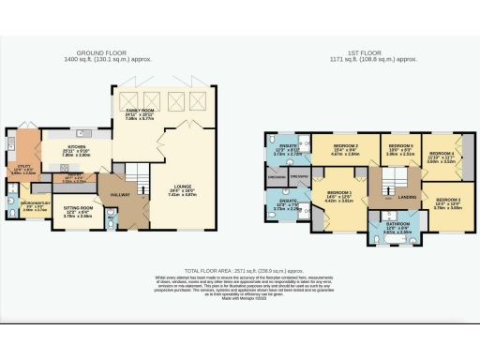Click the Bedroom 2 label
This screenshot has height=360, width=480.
(345, 147)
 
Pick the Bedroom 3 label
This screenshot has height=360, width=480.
(448, 200)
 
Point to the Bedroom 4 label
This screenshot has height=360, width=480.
(441, 152)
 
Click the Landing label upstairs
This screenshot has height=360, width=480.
(406, 197)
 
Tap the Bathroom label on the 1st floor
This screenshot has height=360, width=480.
(384, 226)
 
